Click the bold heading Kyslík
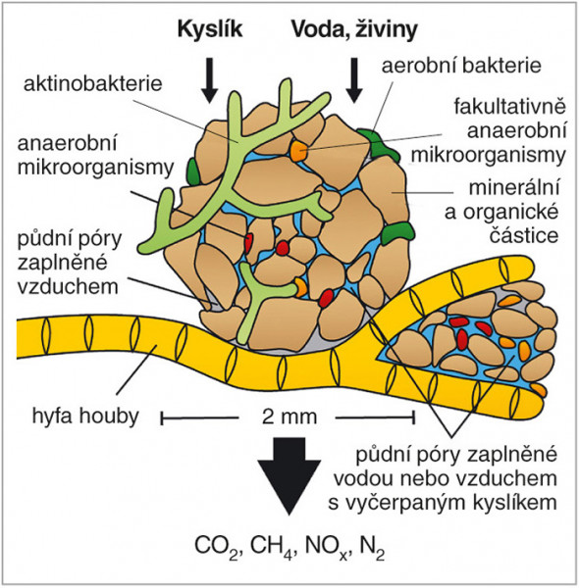(x=210, y=29)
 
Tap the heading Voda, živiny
(x=354, y=29)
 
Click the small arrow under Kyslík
(x=210, y=80)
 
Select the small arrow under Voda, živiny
(x=353, y=80)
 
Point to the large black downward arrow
(x=289, y=476)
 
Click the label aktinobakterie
(x=93, y=83)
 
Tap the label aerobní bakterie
(x=461, y=66)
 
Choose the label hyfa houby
(x=85, y=416)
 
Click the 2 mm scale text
(x=289, y=416)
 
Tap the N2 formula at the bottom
(x=372, y=546)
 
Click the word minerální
(x=514, y=187)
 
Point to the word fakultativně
(x=509, y=107)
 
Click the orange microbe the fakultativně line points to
(x=298, y=150)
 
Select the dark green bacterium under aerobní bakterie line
(x=378, y=145)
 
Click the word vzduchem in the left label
(x=68, y=287)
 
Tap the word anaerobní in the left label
(x=67, y=144)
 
